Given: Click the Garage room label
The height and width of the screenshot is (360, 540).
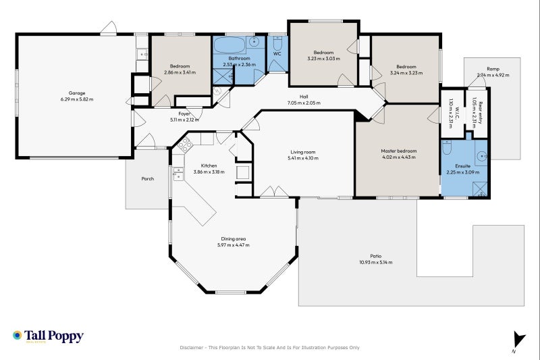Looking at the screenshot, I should (81, 93).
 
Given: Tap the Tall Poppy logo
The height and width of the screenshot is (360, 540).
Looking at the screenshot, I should (47, 336).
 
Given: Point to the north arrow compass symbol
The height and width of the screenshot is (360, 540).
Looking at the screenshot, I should (518, 341).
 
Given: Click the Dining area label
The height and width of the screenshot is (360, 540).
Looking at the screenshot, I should (234, 238).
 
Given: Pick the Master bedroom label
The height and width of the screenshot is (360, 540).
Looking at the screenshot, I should (398, 151).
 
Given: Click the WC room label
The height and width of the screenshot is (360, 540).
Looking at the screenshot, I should (277, 53).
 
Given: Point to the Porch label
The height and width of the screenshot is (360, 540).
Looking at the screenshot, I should (147, 179).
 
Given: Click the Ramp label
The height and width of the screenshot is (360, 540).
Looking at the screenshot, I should (493, 69).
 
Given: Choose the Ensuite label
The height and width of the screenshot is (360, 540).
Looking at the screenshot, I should (462, 165).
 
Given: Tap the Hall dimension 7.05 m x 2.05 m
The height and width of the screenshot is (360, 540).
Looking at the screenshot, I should (304, 103).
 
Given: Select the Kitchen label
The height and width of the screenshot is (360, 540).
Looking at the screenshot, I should (209, 165).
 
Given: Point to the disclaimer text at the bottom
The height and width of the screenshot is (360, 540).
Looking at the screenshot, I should (269, 347).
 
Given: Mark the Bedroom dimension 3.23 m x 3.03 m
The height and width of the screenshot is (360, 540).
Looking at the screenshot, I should (323, 59).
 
